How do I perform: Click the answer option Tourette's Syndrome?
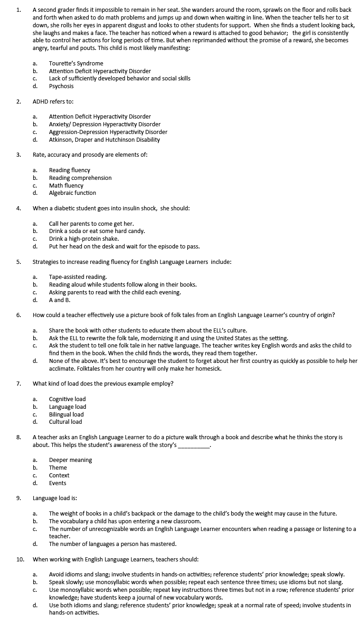click(x=76, y=64)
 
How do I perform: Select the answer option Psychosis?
click(x=61, y=86)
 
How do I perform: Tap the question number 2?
click(x=19, y=101)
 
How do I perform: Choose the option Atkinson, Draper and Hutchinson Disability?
click(x=104, y=140)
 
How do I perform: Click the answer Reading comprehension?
click(x=80, y=178)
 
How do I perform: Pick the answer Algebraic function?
click(x=72, y=193)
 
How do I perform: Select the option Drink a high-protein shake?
click(x=84, y=239)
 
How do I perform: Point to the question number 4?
click(x=19, y=208)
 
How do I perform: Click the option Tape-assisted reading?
click(x=78, y=277)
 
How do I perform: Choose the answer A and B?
click(x=60, y=300)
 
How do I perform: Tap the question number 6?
click(x=19, y=315)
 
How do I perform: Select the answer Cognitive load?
click(x=67, y=399)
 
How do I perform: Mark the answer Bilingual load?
click(x=66, y=415)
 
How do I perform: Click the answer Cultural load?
click(x=65, y=422)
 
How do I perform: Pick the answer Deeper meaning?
click(x=70, y=460)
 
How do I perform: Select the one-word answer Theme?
click(x=58, y=468)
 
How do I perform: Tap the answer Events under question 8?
click(x=58, y=483)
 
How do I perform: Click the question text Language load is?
click(x=51, y=498)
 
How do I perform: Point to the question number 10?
click(x=20, y=560)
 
